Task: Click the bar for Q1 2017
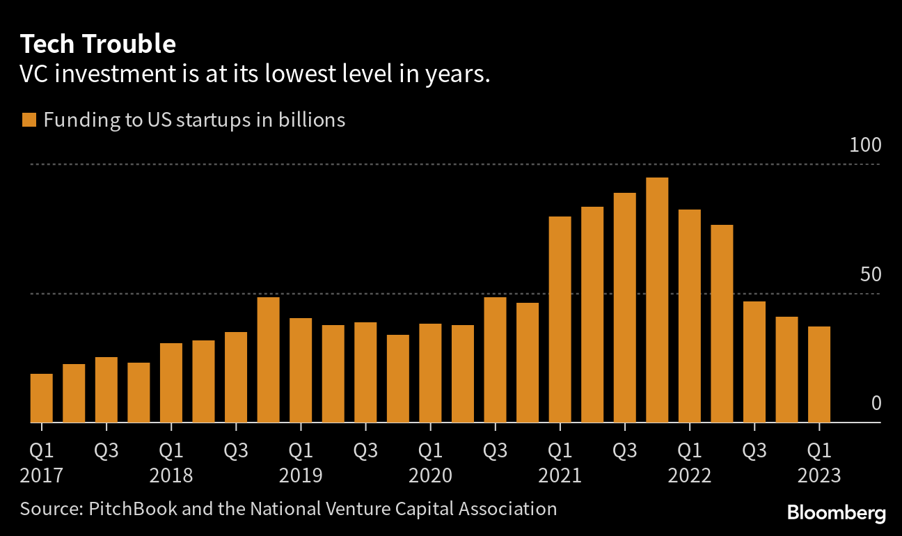point(42,398)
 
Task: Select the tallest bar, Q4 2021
point(657,300)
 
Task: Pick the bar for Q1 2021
point(560,320)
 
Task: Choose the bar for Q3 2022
point(754,362)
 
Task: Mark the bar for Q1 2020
point(430,373)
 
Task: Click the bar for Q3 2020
point(495,360)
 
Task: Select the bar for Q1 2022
point(690,316)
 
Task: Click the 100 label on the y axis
point(865,145)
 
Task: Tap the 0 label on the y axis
point(876,404)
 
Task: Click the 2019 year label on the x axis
point(301,476)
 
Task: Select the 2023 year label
point(819,476)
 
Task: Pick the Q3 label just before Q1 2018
point(106,450)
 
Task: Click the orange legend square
point(29,120)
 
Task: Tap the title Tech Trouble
point(97,45)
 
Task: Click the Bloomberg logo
point(837,514)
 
